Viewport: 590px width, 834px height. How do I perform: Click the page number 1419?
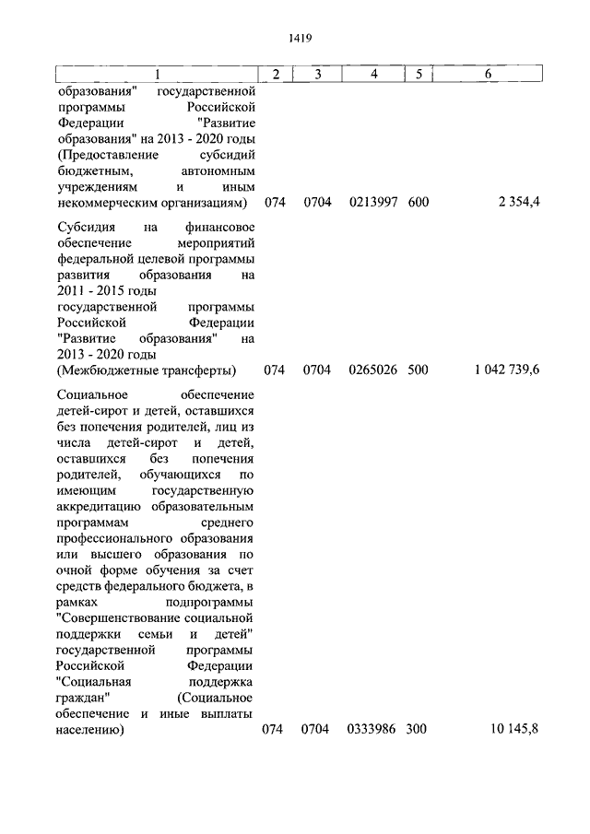click(295, 38)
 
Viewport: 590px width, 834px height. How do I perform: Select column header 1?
click(157, 75)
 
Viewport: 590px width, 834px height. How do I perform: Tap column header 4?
click(372, 75)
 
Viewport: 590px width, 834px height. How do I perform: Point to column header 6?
click(488, 75)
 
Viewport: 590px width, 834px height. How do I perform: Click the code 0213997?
click(372, 202)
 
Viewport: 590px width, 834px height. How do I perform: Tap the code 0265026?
click(372, 371)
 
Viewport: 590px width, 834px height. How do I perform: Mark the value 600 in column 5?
click(418, 202)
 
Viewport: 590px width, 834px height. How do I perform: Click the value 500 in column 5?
click(418, 371)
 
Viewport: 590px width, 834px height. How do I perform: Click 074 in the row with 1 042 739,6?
click(275, 371)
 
